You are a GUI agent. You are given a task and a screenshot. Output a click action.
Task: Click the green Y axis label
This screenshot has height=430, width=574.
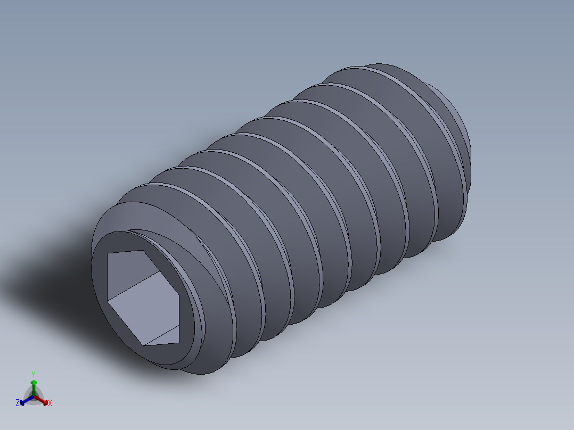(33, 374)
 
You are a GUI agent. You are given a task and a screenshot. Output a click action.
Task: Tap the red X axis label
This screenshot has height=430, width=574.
(50, 403)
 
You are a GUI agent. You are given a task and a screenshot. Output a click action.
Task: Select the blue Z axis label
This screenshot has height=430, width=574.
(18, 403)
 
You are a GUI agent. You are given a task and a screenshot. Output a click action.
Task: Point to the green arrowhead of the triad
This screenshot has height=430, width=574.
(34, 382)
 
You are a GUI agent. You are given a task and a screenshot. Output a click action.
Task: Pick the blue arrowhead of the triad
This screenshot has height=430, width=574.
(22, 402)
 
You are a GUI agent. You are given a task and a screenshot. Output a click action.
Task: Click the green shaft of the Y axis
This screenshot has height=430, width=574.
(34, 390)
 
